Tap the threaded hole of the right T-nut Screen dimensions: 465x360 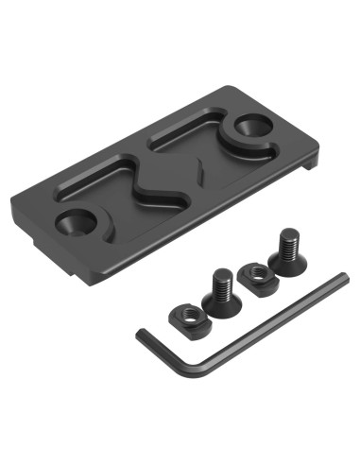(251, 271)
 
